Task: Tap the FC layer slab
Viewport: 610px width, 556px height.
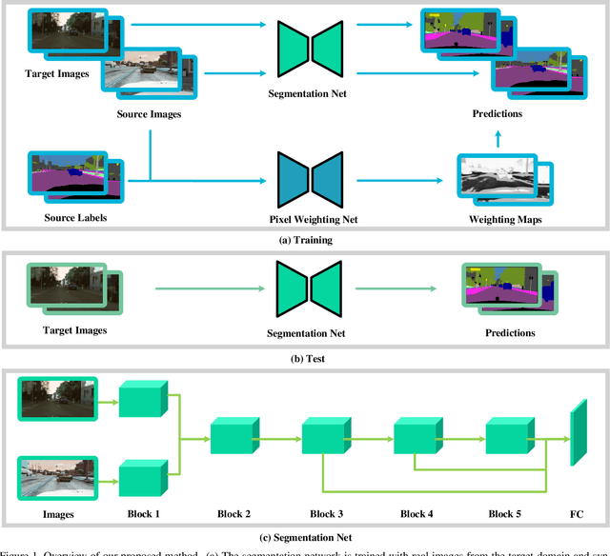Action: pyautogui.click(x=579, y=432)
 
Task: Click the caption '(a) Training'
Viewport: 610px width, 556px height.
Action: pyautogui.click(x=305, y=240)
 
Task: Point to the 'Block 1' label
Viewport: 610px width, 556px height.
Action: pyautogui.click(x=144, y=515)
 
